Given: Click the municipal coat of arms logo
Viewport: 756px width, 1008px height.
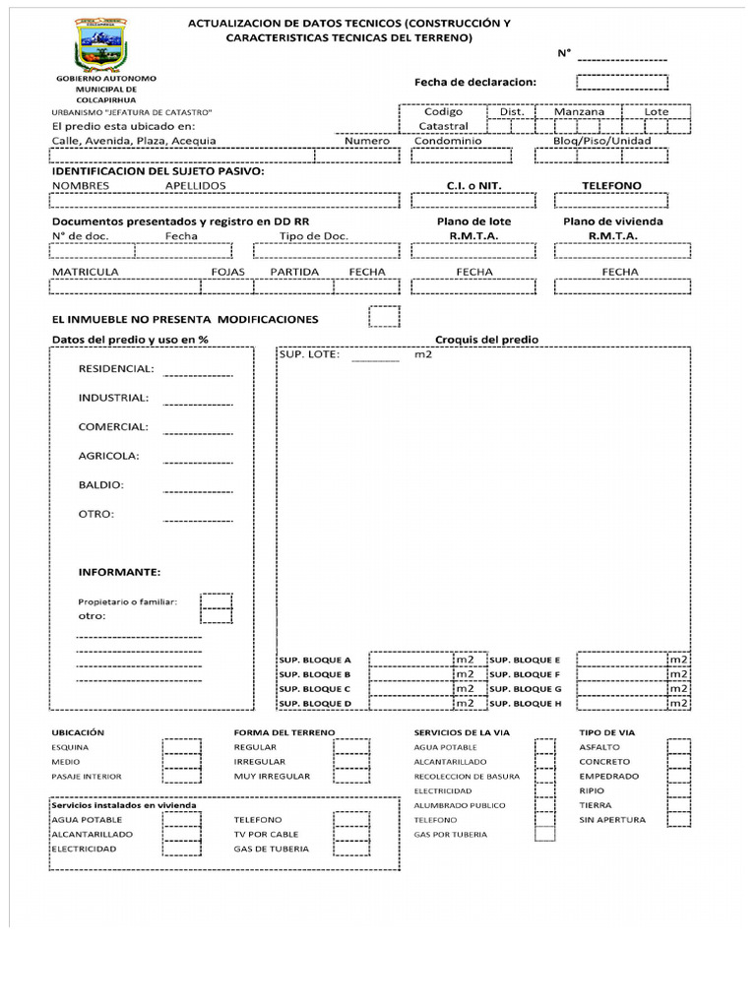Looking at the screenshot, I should pyautogui.click(x=106, y=46).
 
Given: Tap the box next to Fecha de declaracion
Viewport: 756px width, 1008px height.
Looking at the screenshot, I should pyautogui.click(x=622, y=82).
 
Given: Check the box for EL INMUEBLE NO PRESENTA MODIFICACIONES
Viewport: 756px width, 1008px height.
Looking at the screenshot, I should pyautogui.click(x=384, y=316).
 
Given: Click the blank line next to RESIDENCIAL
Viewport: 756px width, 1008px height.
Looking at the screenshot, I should pyautogui.click(x=198, y=373).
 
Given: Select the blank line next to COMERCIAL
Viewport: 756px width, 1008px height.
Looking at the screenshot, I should pyautogui.click(x=198, y=431).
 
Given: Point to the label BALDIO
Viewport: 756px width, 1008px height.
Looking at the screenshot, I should pyautogui.click(x=100, y=485).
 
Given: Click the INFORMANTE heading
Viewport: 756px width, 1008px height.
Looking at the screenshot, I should pyautogui.click(x=119, y=572).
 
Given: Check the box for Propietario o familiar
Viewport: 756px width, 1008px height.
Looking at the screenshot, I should pyautogui.click(x=217, y=601).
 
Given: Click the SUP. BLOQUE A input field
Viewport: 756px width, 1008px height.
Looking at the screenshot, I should pyautogui.click(x=410, y=660).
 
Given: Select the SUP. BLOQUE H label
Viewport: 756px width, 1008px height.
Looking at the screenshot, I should pyautogui.click(x=525, y=704).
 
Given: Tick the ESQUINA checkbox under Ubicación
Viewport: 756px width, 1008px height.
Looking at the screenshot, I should pyautogui.click(x=180, y=747).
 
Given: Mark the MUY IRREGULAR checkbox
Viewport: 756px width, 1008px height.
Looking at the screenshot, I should pyautogui.click(x=351, y=776).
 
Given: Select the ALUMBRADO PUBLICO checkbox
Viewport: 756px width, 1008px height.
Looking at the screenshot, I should pyautogui.click(x=544, y=804).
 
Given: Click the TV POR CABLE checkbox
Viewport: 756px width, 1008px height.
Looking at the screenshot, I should pyautogui.click(x=351, y=834).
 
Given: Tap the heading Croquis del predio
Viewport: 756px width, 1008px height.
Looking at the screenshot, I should pyautogui.click(x=486, y=340).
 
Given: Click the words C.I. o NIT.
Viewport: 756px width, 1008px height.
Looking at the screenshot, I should pyautogui.click(x=474, y=186).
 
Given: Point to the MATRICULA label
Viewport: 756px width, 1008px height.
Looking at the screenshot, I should pyautogui.click(x=86, y=272).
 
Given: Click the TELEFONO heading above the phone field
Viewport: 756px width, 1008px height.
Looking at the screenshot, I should pyautogui.click(x=611, y=186).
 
